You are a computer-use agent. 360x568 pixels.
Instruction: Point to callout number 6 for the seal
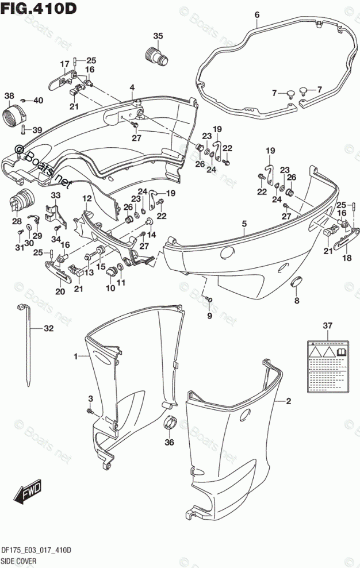coord(256,14)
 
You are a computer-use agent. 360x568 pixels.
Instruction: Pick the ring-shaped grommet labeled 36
coord(169,424)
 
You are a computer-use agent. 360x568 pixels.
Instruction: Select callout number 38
coord(9,95)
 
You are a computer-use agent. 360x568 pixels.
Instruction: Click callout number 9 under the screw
coord(209,315)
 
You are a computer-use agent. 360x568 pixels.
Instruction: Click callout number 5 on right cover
coord(244,224)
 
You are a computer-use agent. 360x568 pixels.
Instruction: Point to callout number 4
coord(132,87)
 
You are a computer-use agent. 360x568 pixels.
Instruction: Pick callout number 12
coord(87,198)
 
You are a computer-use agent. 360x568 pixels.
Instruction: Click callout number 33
coord(55,196)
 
